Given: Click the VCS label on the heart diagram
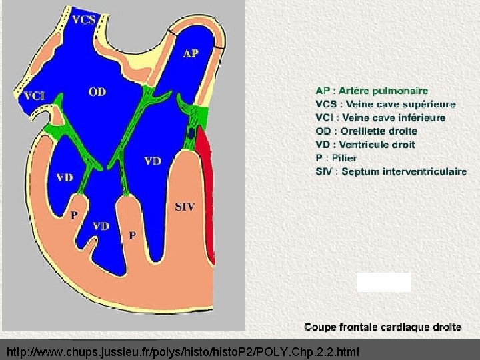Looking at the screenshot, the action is click(x=83, y=19).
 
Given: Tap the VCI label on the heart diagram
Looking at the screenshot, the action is click(x=34, y=96).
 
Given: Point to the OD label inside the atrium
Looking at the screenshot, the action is click(x=97, y=91).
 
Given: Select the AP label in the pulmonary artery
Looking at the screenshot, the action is click(x=191, y=53).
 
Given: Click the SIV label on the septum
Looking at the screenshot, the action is click(x=185, y=207).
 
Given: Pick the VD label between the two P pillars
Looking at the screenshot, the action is click(x=101, y=226).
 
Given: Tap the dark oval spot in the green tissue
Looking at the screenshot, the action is click(x=191, y=133).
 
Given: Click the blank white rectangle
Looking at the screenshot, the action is click(x=383, y=282).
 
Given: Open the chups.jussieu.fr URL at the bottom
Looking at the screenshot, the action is click(x=183, y=351).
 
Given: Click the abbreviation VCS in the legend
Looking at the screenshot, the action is click(x=326, y=104).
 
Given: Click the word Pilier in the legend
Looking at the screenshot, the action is click(x=345, y=158).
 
